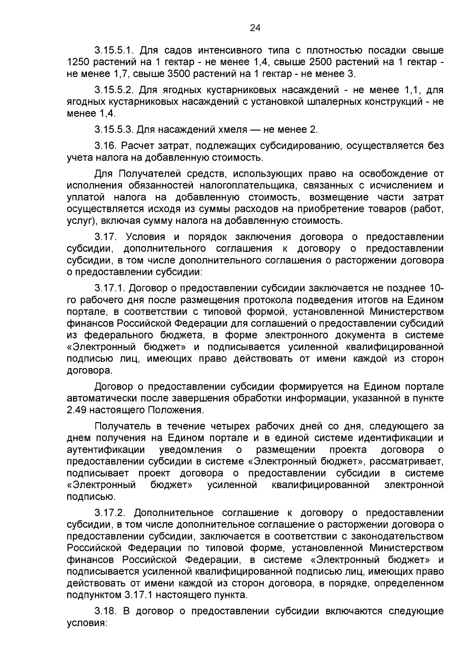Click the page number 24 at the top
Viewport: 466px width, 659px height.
(x=255, y=28)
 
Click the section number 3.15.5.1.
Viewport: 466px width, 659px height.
(x=114, y=51)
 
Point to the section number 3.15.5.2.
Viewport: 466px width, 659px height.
(x=114, y=90)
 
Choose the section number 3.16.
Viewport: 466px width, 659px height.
(x=106, y=146)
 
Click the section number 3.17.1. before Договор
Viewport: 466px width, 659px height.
(x=110, y=289)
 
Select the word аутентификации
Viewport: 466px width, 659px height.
(x=106, y=450)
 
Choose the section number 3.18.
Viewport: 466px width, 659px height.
(x=106, y=611)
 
